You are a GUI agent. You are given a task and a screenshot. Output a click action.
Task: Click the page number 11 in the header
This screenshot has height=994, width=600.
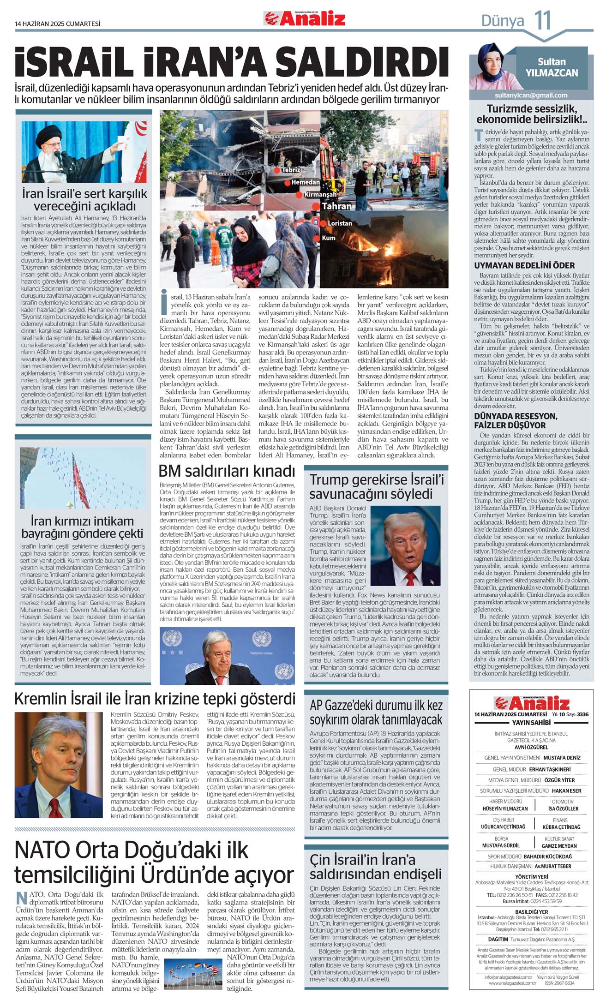[543, 21]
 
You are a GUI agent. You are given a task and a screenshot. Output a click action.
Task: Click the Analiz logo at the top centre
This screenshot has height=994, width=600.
[305, 19]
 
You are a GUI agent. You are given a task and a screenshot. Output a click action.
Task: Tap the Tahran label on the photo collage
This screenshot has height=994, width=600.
[336, 206]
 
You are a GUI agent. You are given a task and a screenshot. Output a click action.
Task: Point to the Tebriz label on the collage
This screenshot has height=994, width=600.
[291, 170]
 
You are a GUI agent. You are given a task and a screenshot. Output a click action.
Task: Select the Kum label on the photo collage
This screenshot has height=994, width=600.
[328, 238]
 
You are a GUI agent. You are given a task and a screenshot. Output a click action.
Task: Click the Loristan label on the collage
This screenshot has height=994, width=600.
[339, 223]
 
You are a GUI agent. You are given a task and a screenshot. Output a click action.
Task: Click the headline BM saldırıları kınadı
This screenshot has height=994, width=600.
[227, 472]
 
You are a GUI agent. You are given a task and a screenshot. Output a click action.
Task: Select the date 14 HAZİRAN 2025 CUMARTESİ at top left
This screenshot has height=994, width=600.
[57, 24]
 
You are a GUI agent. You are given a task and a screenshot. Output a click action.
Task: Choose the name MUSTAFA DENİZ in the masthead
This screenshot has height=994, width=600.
[562, 758]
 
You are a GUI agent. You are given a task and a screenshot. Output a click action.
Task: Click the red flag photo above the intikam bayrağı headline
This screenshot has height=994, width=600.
[83, 478]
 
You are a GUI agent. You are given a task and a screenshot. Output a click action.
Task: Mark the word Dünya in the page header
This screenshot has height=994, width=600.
[502, 21]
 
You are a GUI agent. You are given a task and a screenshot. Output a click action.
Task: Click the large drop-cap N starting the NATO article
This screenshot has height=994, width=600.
[21, 898]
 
